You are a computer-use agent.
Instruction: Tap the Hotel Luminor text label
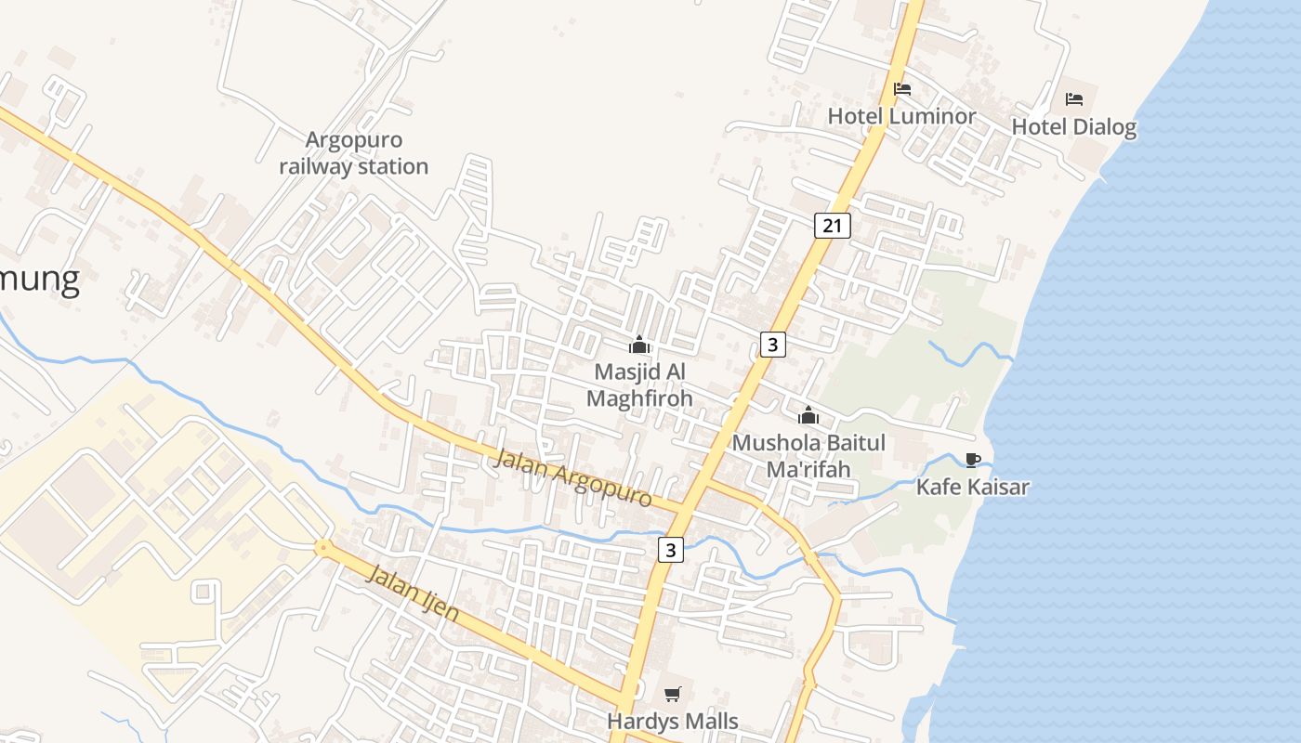pyautogui.click(x=901, y=117)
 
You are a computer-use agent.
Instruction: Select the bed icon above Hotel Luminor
pyautogui.click(x=901, y=90)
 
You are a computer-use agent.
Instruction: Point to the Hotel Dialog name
pyautogui.click(x=1073, y=126)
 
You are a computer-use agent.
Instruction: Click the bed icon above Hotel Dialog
pyautogui.click(x=1074, y=98)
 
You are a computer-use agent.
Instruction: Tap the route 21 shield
pyautogui.click(x=832, y=225)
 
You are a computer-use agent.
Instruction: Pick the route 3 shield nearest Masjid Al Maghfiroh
pyautogui.click(x=772, y=345)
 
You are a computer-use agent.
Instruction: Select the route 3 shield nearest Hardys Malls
pyautogui.click(x=671, y=550)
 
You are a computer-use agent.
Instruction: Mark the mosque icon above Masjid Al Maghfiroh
pyautogui.click(x=639, y=345)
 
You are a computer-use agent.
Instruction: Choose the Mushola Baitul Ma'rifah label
pyautogui.click(x=808, y=455)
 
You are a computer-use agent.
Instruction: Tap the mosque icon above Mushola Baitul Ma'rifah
pyautogui.click(x=808, y=415)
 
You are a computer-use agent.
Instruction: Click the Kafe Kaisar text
pyautogui.click(x=972, y=487)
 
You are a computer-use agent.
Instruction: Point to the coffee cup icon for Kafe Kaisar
pyautogui.click(x=972, y=460)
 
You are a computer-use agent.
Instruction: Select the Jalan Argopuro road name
pyautogui.click(x=573, y=477)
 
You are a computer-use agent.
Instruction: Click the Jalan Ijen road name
pyautogui.click(x=414, y=593)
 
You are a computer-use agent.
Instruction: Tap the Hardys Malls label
pyautogui.click(x=672, y=721)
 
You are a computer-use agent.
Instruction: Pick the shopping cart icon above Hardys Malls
pyautogui.click(x=673, y=694)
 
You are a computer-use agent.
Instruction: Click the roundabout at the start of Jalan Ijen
pyautogui.click(x=322, y=548)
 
